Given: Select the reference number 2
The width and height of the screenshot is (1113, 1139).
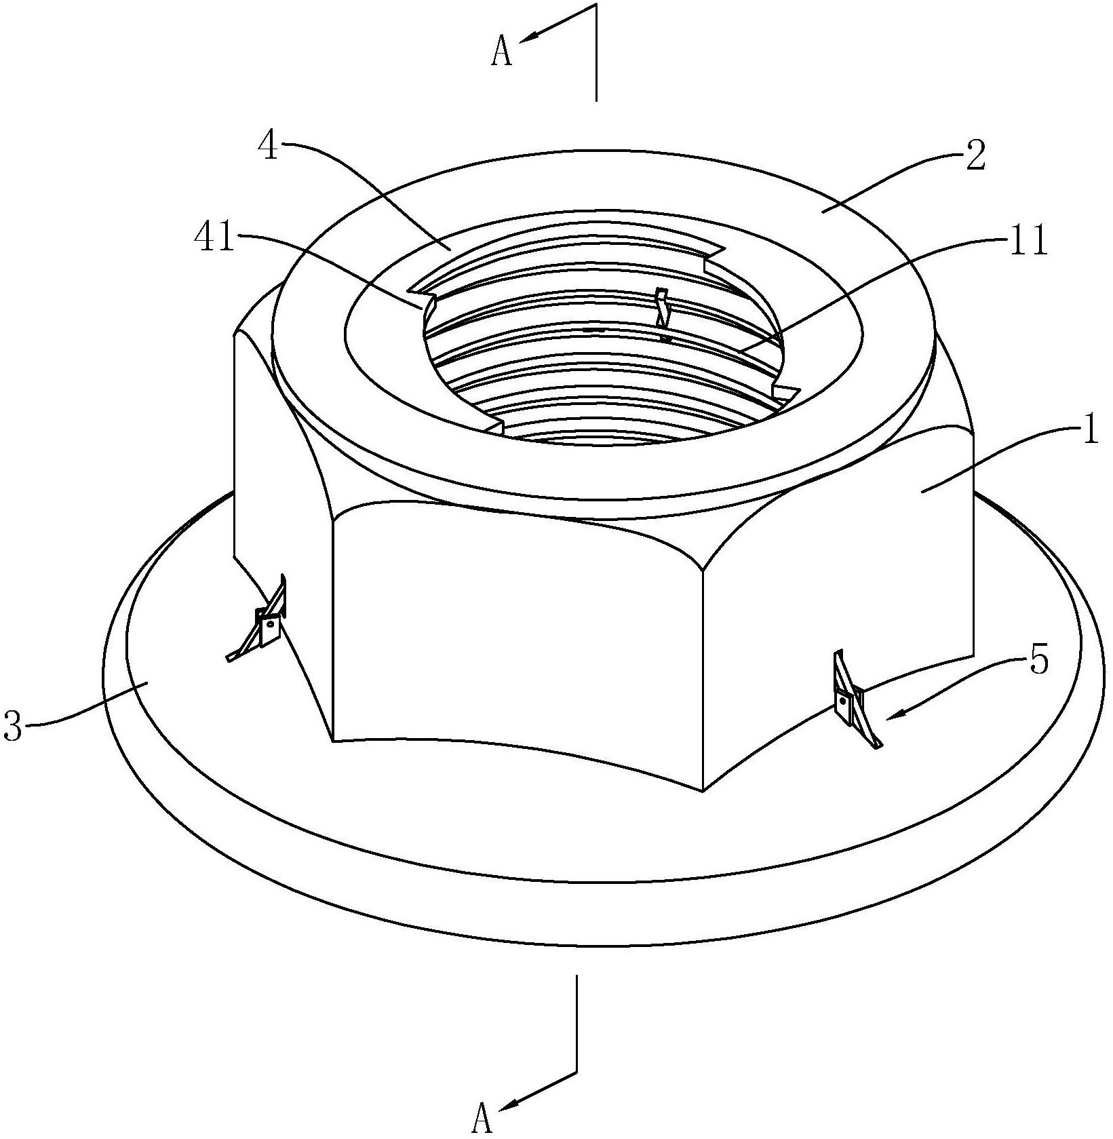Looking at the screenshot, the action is click(975, 157).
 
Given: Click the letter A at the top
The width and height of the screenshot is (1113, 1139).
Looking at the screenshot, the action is click(501, 53).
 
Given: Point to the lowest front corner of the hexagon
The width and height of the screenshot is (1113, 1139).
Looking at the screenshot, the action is click(703, 790).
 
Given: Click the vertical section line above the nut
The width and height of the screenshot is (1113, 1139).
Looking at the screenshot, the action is click(595, 53).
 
